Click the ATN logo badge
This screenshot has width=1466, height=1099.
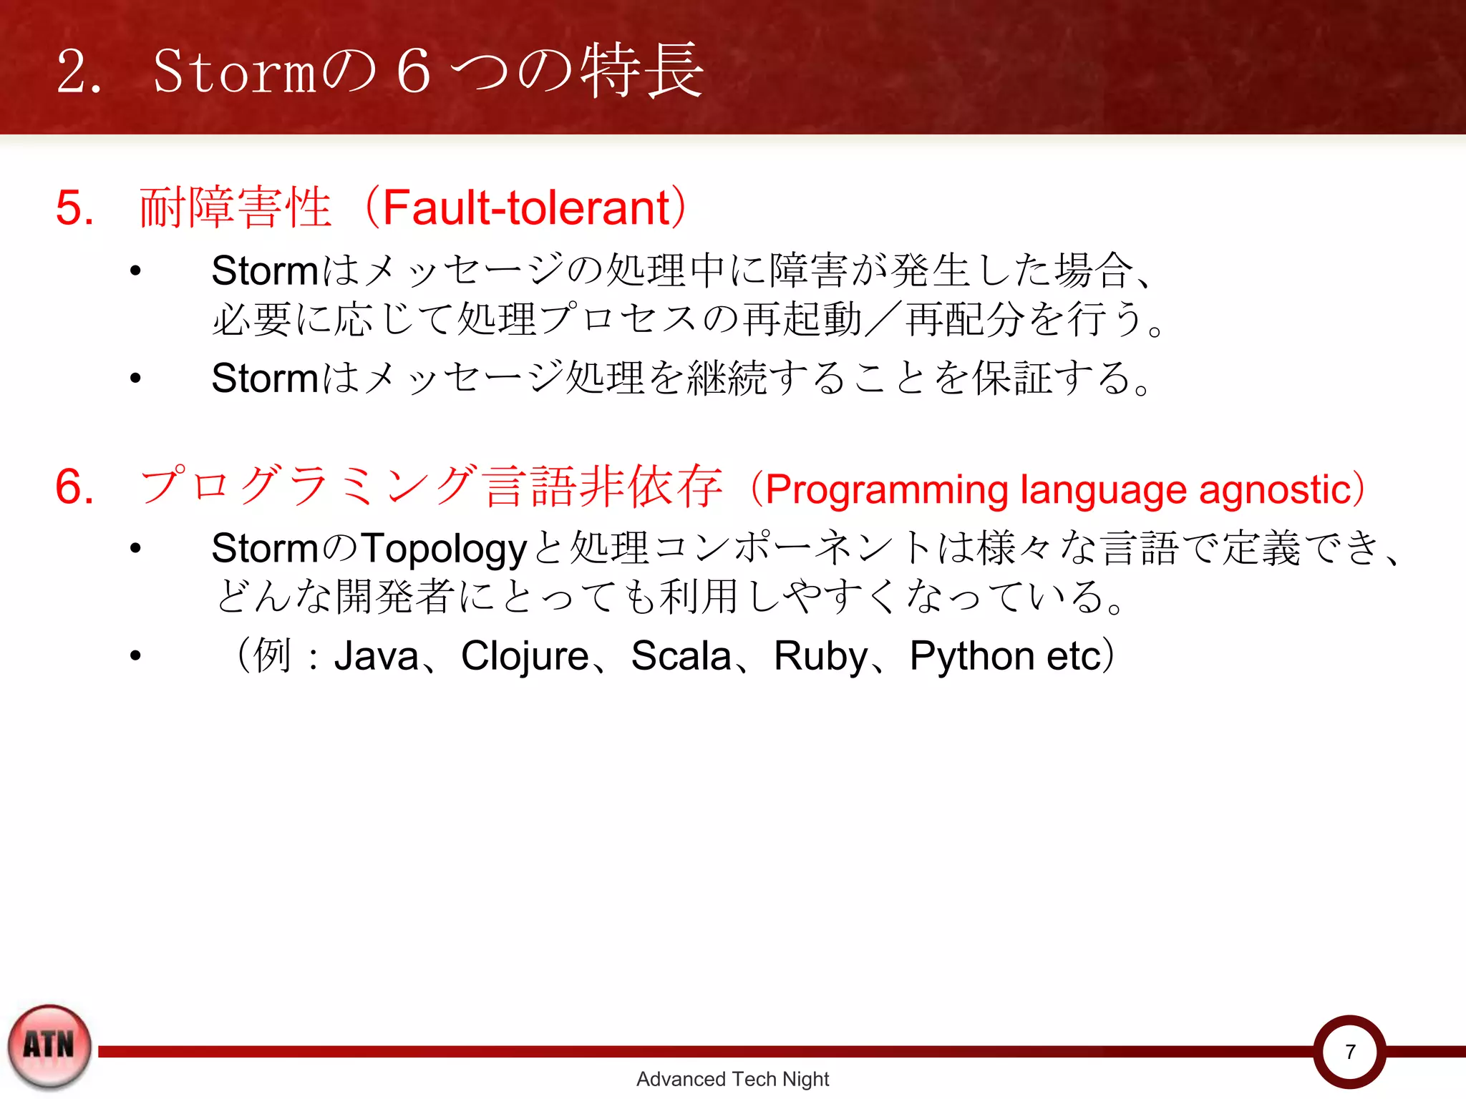49,1046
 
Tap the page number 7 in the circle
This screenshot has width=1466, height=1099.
1349,1052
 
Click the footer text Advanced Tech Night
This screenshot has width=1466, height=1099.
732,1079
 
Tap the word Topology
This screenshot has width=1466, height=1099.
444,549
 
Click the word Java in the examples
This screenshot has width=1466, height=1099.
377,655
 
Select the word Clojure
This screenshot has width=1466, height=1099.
525,655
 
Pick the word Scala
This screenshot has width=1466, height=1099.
681,655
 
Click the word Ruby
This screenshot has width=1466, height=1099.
820,655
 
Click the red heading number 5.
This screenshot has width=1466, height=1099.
74,207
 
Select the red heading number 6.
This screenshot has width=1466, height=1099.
74,487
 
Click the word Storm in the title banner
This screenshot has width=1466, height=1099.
235,72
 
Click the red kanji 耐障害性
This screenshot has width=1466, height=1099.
236,207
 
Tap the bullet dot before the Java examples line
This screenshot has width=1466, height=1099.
135,655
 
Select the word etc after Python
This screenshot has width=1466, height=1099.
1072,655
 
